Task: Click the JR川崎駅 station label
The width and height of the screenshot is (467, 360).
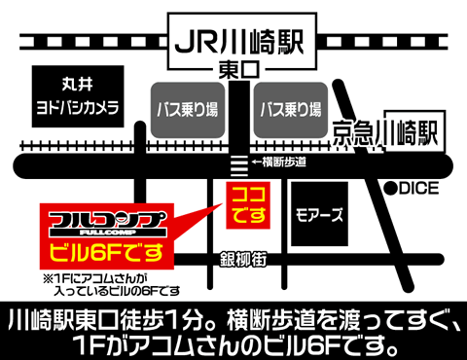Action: pos(234,41)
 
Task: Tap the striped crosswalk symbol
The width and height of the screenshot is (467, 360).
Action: pos(235,162)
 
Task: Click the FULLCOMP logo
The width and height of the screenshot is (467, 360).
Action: pos(97,221)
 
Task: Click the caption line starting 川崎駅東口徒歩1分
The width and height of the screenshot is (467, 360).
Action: pos(233,318)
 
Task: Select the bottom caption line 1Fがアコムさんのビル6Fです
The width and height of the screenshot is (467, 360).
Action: pos(233,343)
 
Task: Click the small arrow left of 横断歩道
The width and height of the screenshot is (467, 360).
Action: pos(254,162)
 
